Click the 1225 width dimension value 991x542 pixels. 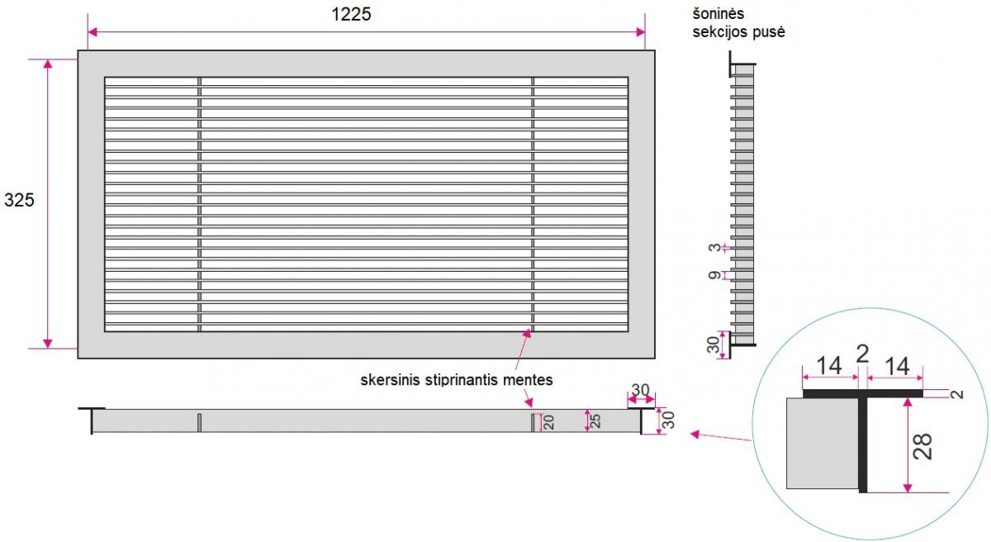pos(351,15)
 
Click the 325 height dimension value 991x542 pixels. pos(19,201)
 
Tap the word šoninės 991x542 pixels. pos(718,14)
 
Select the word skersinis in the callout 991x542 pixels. pos(390,380)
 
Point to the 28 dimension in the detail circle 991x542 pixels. pos(922,446)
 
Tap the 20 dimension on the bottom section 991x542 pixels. pos(548,422)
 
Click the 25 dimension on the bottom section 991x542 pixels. pos(595,421)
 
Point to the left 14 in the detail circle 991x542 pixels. pos(828,366)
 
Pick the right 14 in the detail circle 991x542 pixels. pos(897,366)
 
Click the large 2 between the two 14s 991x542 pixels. pos(863,354)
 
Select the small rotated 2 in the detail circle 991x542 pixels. pos(957,394)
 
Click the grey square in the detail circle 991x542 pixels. pos(823,444)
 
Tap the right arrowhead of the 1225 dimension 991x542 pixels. pos(640,32)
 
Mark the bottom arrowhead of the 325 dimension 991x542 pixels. pos(48,344)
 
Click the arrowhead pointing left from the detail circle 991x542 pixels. pos(695,434)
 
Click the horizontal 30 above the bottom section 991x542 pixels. pos(640,390)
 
